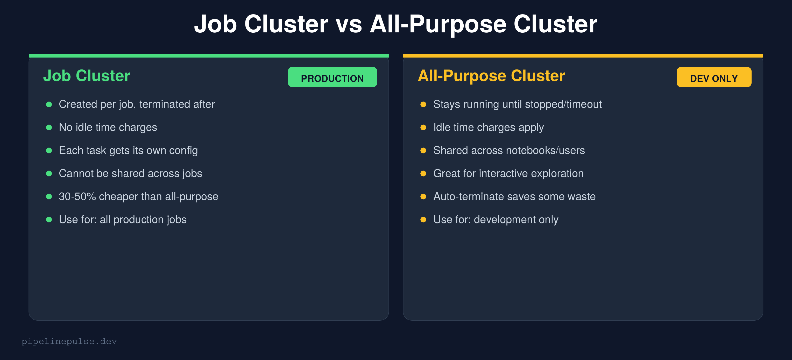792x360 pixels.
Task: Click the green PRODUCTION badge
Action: click(x=332, y=77)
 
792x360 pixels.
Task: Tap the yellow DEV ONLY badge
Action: click(x=714, y=77)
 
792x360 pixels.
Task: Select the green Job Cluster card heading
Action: click(x=87, y=76)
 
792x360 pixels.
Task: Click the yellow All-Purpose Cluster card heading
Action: click(x=491, y=76)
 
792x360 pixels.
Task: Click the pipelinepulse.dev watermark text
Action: click(x=69, y=341)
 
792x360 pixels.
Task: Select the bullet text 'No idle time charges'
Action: click(x=108, y=127)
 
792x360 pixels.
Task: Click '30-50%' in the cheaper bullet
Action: click(x=77, y=196)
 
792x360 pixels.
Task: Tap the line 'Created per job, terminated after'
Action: click(x=137, y=104)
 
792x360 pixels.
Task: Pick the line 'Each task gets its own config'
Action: click(x=128, y=150)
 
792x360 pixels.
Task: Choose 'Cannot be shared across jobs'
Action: click(x=130, y=173)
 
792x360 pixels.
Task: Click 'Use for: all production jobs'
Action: click(x=123, y=220)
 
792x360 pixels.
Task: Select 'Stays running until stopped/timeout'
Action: click(x=518, y=104)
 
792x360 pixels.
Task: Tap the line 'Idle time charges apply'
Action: click(x=489, y=127)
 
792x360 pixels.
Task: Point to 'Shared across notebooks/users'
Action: click(x=509, y=150)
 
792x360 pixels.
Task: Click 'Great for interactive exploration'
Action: click(x=508, y=173)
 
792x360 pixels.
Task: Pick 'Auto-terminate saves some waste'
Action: click(x=514, y=196)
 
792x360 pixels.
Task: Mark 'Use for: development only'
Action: click(x=496, y=220)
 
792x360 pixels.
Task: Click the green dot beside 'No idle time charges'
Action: click(x=49, y=128)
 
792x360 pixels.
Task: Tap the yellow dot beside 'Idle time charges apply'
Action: click(x=423, y=128)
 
